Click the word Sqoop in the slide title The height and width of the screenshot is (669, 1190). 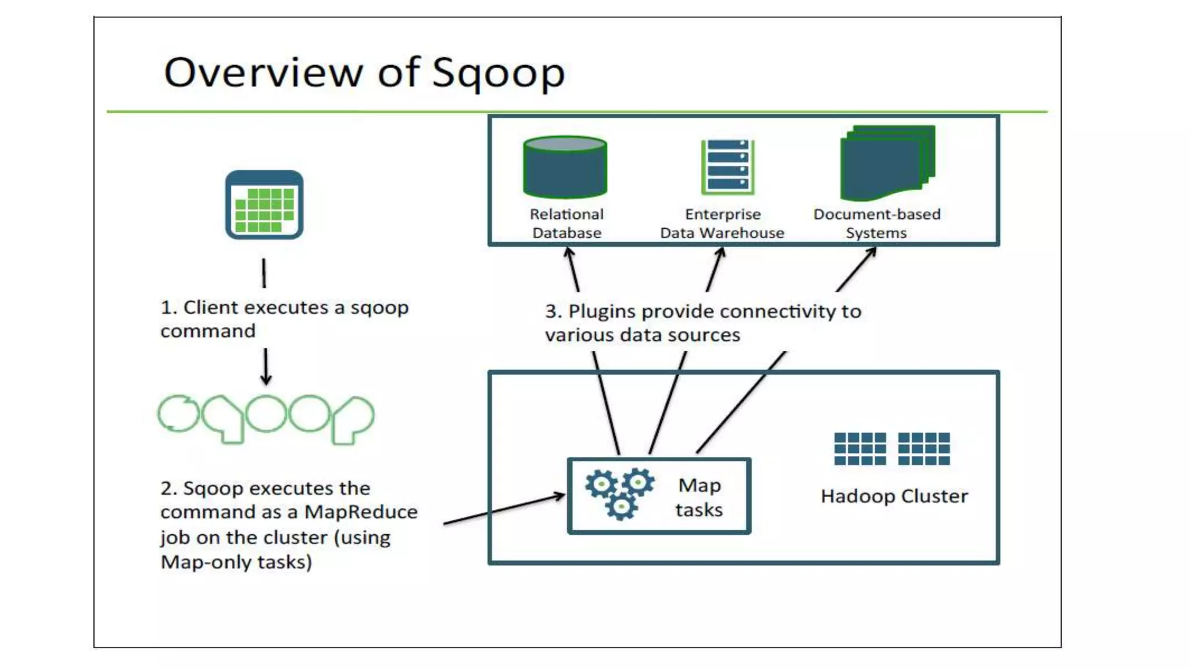pyautogui.click(x=498, y=73)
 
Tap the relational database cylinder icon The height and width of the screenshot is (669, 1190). pyautogui.click(x=565, y=167)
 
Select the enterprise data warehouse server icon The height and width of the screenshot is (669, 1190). pyautogui.click(x=727, y=167)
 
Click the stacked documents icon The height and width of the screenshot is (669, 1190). pyautogui.click(x=887, y=163)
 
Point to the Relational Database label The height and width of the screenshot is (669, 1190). pyautogui.click(x=567, y=224)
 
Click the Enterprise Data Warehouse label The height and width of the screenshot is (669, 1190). pyautogui.click(x=722, y=224)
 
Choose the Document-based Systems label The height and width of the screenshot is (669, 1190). pyautogui.click(x=877, y=224)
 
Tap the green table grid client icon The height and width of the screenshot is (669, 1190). pyautogui.click(x=264, y=205)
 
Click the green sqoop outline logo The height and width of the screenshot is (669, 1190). pyautogui.click(x=266, y=419)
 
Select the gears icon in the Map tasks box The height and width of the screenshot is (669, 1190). pyautogui.click(x=619, y=493)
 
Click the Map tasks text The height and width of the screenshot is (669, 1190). pyautogui.click(x=700, y=498)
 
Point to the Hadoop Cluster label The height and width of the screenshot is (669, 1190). pyautogui.click(x=894, y=497)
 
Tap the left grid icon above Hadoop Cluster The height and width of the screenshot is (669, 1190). pyautogui.click(x=860, y=449)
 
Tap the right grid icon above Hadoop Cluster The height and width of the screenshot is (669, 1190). pyautogui.click(x=924, y=449)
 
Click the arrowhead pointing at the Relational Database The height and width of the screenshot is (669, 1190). pyautogui.click(x=569, y=253)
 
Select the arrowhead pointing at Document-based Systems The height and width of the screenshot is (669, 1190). pyautogui.click(x=871, y=253)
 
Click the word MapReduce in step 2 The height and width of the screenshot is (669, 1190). pyautogui.click(x=361, y=512)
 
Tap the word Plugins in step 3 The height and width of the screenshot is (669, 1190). pyautogui.click(x=602, y=312)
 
